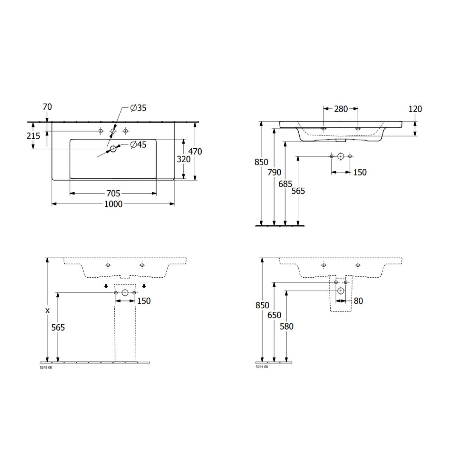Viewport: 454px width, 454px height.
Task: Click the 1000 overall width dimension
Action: pyautogui.click(x=113, y=204)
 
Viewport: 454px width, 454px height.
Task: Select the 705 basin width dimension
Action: pyautogui.click(x=113, y=193)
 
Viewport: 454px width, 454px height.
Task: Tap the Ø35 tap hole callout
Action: pyautogui.click(x=138, y=108)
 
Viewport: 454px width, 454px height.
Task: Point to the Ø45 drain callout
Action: pyautogui.click(x=138, y=145)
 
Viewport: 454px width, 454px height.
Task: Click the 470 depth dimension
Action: pyautogui.click(x=195, y=151)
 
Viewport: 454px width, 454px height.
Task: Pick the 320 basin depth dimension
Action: pyautogui.click(x=183, y=159)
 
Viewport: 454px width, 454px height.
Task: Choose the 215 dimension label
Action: pyautogui.click(x=33, y=136)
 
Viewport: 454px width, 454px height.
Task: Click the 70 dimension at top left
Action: pyautogui.click(x=47, y=107)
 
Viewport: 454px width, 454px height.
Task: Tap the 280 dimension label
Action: pyautogui.click(x=341, y=109)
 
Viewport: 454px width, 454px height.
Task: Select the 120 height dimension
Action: pyautogui.click(x=415, y=109)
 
